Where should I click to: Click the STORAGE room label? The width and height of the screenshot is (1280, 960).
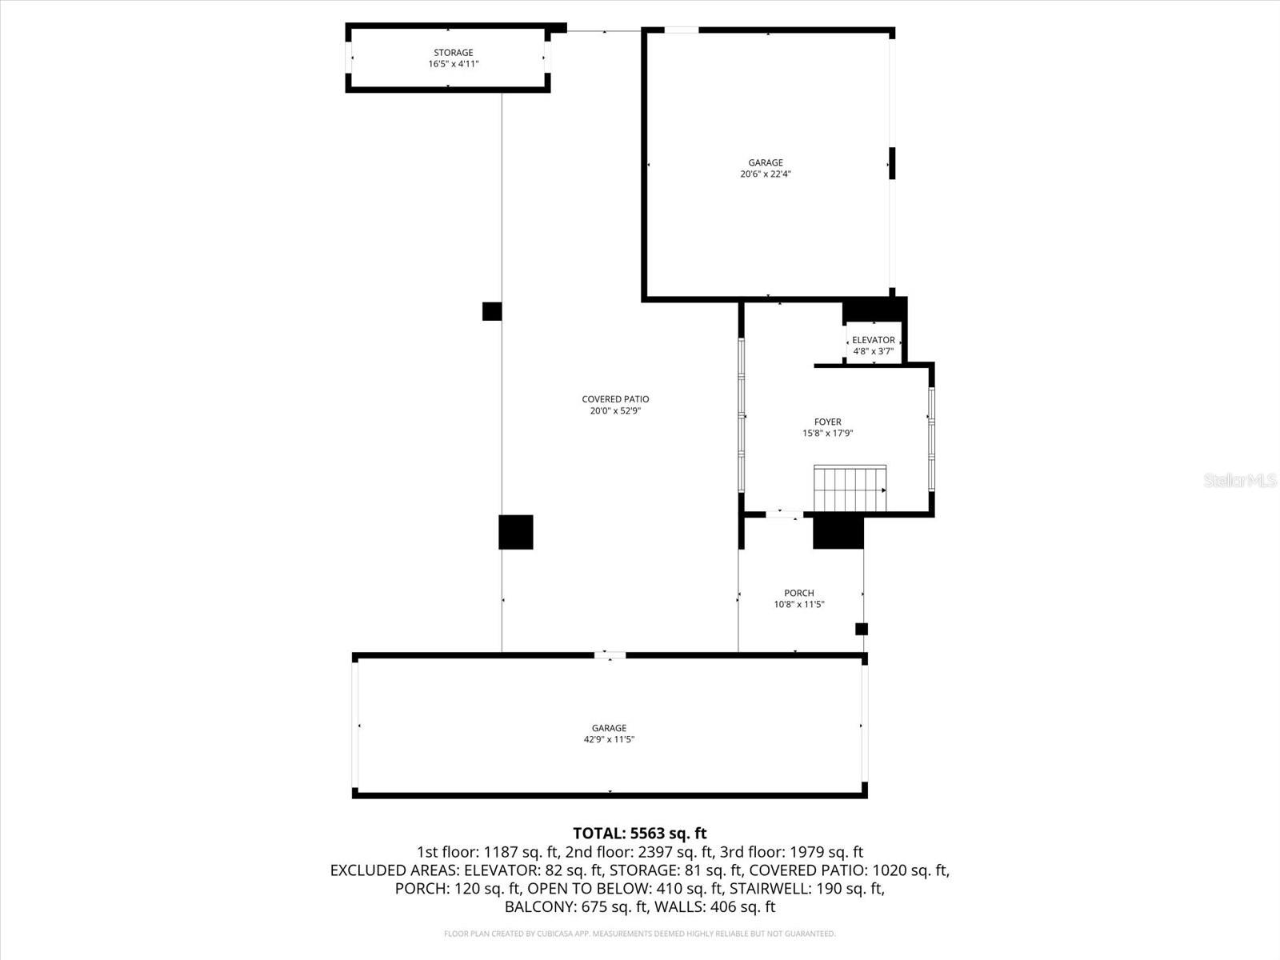coord(453,53)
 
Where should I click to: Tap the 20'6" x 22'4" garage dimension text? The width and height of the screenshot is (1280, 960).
coord(766,174)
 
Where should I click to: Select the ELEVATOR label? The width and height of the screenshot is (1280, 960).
coord(873,340)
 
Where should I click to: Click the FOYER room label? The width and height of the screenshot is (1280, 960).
coord(827,422)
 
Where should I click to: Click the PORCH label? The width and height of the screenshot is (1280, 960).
coord(798,593)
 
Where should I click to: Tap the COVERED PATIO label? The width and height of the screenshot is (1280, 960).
coord(615,399)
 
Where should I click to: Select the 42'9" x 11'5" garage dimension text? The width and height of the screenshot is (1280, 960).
coord(609,740)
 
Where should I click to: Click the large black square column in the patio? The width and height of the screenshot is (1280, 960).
coord(515,532)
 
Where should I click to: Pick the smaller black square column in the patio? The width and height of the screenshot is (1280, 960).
coord(492,311)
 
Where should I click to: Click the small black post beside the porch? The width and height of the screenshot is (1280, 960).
coord(862,629)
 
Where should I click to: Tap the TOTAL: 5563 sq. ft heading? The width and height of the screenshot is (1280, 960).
coord(639,834)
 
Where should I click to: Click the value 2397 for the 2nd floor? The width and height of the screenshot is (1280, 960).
coord(656,852)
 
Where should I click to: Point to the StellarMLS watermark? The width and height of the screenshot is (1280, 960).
coord(1239,481)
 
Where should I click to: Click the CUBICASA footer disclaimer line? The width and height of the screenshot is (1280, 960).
coord(639,934)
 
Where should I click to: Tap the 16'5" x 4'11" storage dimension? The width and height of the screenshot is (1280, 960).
coord(453,64)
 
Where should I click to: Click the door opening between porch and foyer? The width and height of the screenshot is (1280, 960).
coord(783,514)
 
